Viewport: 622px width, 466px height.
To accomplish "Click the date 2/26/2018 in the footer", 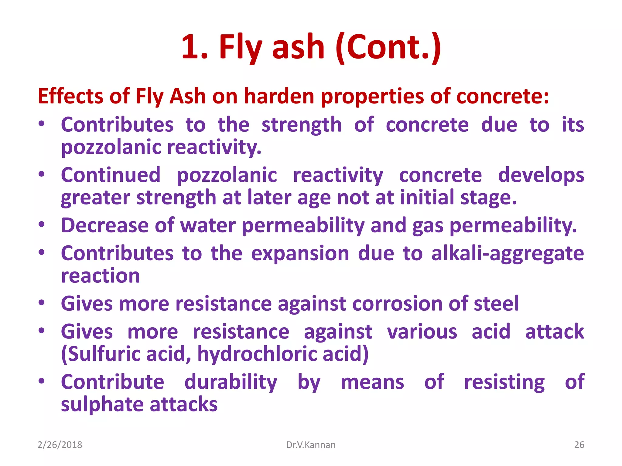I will click(60, 445).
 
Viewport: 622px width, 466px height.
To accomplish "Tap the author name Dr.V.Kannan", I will click(311, 445).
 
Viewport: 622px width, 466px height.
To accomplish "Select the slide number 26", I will click(579, 445).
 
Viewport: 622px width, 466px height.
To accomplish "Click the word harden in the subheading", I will click(279, 96).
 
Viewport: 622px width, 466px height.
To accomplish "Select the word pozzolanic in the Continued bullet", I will click(227, 175).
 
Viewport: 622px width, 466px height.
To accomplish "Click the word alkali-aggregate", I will click(508, 254).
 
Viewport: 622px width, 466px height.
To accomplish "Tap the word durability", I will click(231, 382).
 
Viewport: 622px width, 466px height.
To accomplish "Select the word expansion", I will click(300, 254).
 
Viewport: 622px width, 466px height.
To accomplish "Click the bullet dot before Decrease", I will click(42, 225).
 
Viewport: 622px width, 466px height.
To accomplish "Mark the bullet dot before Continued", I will click(42, 174).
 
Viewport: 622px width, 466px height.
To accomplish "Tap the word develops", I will click(541, 175).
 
